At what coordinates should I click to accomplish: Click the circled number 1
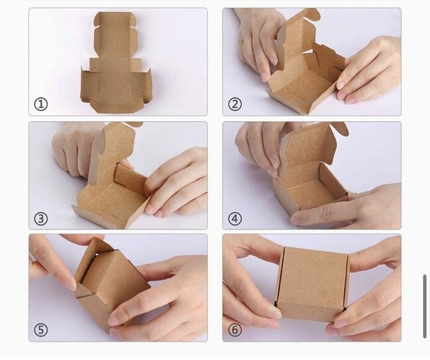point(41,104)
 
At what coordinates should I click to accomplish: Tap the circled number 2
point(235,104)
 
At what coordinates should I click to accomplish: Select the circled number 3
point(41,219)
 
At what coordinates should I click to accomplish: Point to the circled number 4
point(235,219)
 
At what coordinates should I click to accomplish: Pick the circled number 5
point(41,330)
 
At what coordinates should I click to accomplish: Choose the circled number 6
point(235,330)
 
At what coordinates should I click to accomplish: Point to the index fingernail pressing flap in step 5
point(72,285)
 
